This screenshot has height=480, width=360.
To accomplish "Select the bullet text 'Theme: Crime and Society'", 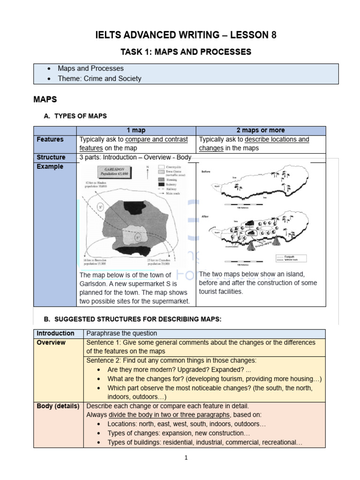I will click(99, 79).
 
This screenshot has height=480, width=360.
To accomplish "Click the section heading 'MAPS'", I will click(45, 99).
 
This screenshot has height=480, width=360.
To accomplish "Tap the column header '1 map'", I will click(136, 130).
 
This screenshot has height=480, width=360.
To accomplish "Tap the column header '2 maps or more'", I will click(261, 130).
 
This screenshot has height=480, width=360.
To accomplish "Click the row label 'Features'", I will click(50, 140).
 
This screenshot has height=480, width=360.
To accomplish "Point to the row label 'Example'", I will click(50, 167).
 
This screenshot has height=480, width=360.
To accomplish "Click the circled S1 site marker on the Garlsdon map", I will click(101, 207).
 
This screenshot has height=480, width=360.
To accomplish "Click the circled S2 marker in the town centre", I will click(138, 237).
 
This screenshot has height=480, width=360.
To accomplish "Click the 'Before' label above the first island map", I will click(206, 172).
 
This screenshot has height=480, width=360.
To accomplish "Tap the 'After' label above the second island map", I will click(205, 216).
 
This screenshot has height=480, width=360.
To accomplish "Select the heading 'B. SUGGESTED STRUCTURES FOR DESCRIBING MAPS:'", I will click(132, 319).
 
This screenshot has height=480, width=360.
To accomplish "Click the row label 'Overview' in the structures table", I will click(51, 343).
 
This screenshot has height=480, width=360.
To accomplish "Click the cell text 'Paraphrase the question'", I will click(122, 333).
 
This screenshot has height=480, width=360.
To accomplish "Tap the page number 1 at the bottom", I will click(186, 458).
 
